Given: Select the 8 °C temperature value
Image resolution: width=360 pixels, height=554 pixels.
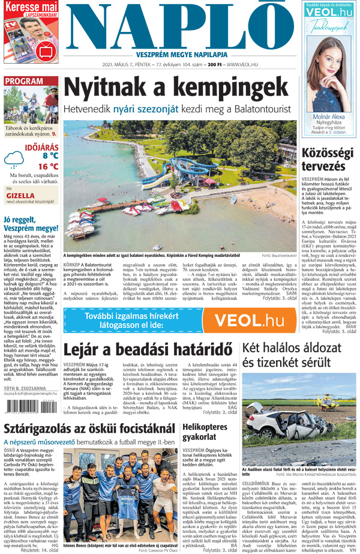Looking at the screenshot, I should click(x=50, y=155).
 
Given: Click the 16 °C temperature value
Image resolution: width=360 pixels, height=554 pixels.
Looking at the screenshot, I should click(x=48, y=166).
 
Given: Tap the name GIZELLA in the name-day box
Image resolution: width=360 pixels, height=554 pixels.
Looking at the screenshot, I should click(x=20, y=195).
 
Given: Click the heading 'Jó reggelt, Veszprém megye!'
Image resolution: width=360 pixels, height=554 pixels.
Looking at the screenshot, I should click(x=30, y=223).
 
